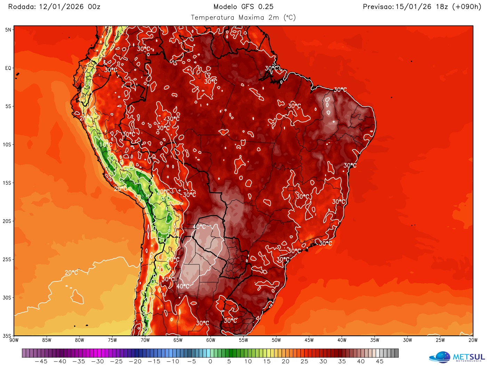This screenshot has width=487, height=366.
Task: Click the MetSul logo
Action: point(457,357)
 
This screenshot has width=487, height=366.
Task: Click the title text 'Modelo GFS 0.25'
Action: point(243,7)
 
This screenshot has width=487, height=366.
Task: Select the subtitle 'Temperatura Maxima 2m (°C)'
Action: point(243,17)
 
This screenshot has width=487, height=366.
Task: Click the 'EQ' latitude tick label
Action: point(8,68)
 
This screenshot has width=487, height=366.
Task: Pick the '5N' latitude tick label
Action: point(8,30)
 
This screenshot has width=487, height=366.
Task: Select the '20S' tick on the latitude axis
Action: point(7,221)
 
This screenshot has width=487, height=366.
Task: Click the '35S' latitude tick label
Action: point(7,336)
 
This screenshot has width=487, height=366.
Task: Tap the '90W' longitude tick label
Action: point(14,340)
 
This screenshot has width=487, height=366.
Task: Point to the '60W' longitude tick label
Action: point(211,340)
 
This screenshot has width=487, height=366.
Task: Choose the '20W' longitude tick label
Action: point(473,340)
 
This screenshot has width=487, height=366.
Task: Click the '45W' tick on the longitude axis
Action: point(309,340)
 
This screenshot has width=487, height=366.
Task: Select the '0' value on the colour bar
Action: point(210,361)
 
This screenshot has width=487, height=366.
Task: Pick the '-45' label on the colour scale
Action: point(41,361)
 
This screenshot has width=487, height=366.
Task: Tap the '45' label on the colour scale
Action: point(380,361)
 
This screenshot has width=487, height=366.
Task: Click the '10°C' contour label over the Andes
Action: point(106,145)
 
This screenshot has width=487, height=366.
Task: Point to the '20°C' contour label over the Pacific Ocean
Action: point(71,272)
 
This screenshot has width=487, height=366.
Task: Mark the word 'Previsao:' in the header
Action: point(378,7)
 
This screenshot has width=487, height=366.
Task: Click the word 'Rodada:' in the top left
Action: point(22,7)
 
